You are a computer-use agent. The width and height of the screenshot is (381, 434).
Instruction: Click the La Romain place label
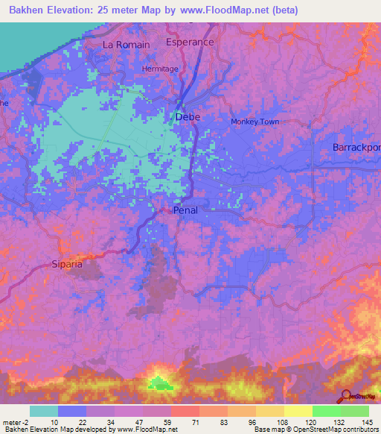(126, 45)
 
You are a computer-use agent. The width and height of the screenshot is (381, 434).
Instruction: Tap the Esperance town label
(190, 43)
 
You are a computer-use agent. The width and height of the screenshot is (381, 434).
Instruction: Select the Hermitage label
(160, 69)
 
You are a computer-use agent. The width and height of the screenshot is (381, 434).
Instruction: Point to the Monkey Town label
(255, 122)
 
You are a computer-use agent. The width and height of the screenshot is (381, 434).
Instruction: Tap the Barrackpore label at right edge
(356, 148)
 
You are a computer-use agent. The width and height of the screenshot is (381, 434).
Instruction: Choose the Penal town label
(185, 211)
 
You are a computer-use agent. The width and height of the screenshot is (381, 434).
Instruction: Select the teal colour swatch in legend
(43, 411)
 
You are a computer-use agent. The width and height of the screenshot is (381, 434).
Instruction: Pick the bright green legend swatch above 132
(326, 411)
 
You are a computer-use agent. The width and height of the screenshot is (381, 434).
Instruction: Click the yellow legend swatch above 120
(298, 411)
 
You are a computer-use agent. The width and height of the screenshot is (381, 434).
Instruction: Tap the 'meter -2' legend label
(16, 421)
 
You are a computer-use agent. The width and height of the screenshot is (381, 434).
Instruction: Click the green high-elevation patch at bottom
(159, 384)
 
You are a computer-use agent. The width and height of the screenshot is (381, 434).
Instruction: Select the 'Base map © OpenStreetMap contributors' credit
(315, 430)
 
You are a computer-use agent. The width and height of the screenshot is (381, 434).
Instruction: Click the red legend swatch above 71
(185, 411)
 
